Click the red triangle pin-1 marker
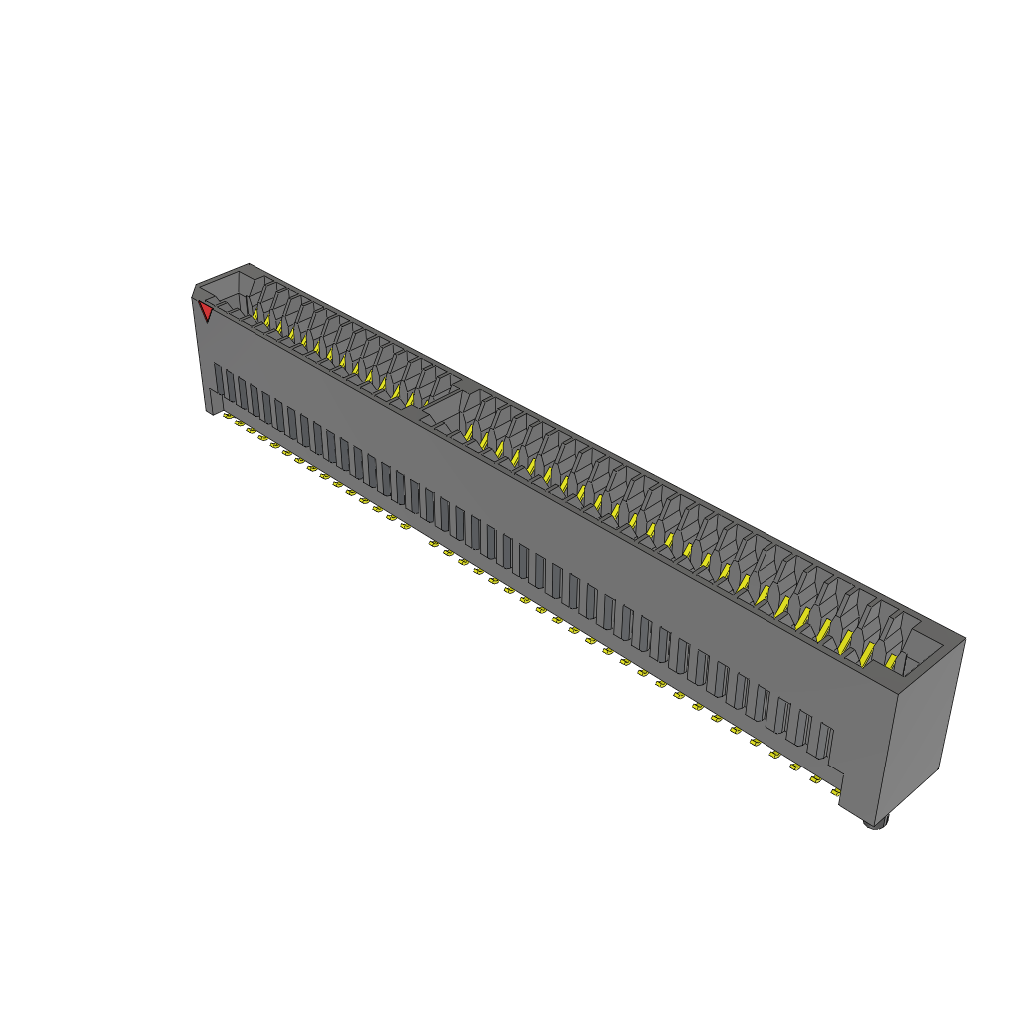click(x=206, y=312)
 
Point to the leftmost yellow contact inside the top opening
click(x=255, y=316)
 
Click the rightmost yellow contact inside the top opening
click(x=891, y=661)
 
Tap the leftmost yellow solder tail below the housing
click(x=228, y=415)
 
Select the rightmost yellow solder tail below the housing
click(x=836, y=792)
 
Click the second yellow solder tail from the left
click(x=240, y=422)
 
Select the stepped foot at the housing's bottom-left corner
click(x=213, y=402)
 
